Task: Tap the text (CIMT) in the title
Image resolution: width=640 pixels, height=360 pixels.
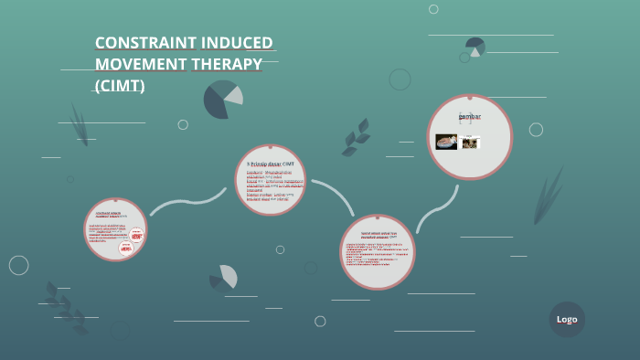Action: pos(120,86)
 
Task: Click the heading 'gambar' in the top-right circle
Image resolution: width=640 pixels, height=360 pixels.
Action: pos(469,117)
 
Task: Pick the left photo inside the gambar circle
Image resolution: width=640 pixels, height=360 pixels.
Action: pos(446,142)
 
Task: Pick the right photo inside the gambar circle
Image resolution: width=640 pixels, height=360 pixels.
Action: pos(471,143)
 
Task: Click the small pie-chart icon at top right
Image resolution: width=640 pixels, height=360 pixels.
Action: pos(475,47)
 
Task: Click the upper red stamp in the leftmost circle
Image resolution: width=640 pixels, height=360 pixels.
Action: pos(136,234)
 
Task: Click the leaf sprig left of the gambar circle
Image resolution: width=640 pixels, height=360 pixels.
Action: pos(356,137)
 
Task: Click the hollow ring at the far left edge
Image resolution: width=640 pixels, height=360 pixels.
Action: pos(18,265)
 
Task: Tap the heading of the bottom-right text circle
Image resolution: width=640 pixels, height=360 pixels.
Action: pos(377,236)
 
